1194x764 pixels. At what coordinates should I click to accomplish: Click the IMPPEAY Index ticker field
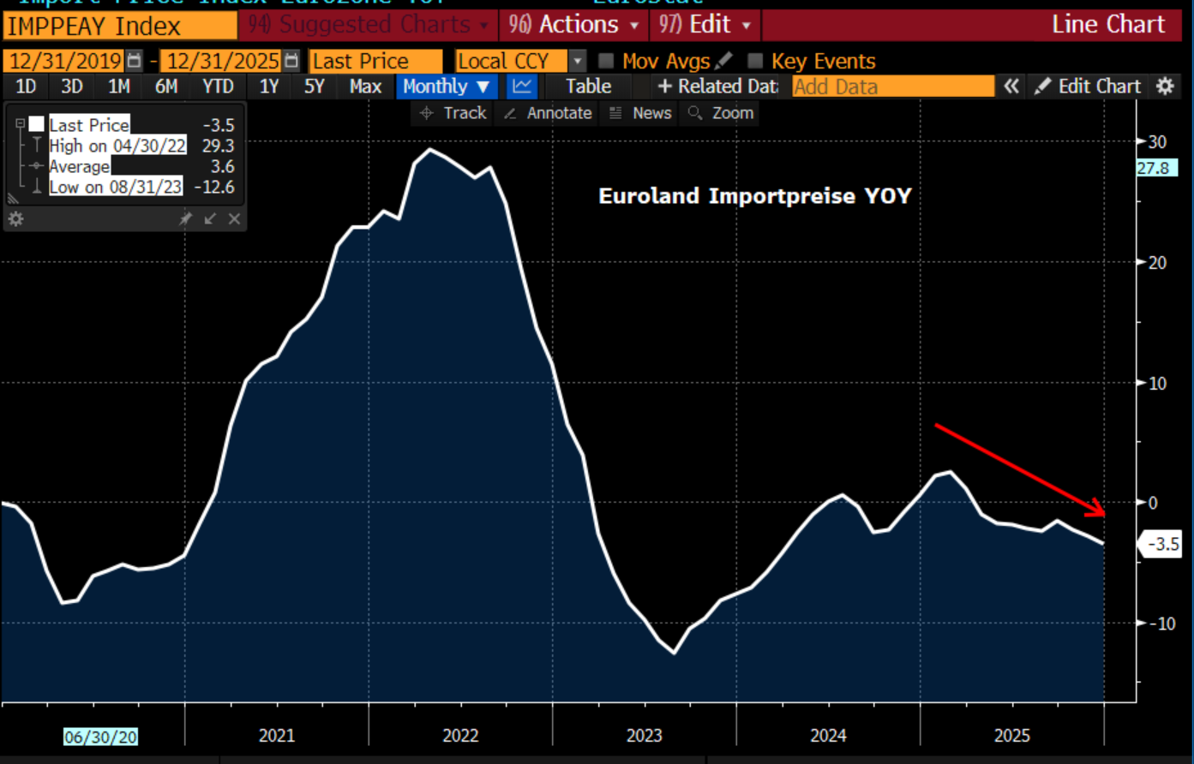point(120,26)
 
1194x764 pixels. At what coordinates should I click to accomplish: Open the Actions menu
point(573,25)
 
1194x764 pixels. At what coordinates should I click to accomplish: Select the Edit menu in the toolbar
point(705,25)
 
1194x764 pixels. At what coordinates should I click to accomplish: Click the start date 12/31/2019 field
point(65,62)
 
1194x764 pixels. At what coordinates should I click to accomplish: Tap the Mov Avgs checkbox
point(607,62)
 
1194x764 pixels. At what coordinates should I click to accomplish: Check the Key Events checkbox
point(755,62)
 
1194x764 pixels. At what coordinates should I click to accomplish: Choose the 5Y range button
point(315,87)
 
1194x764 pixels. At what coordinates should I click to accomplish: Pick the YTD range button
point(218,87)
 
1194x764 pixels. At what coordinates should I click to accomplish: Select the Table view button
point(588,87)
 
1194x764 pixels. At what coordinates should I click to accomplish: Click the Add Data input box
point(892,87)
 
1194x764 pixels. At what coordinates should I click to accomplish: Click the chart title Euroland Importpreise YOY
point(754,196)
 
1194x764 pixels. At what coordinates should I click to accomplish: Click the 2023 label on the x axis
point(644,736)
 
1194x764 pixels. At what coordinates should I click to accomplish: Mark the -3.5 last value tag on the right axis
point(1162,544)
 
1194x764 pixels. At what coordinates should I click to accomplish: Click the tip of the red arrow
point(1104,515)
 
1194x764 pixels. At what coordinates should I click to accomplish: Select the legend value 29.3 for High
point(218,146)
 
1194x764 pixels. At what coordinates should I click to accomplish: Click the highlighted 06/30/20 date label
point(100,737)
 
